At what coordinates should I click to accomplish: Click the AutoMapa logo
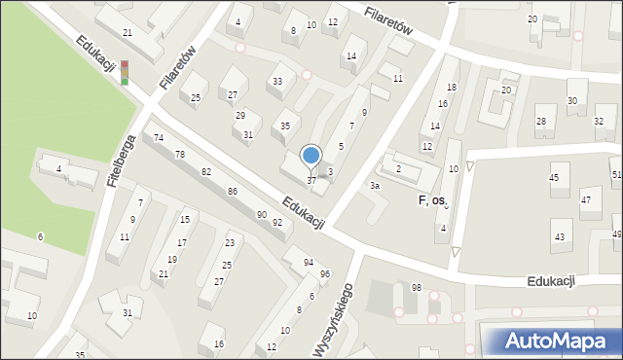point(551,340)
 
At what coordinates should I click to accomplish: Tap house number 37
point(311,181)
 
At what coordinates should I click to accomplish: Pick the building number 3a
point(374,185)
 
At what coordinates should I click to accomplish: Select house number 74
point(159,139)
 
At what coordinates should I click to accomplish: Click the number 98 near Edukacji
point(417,287)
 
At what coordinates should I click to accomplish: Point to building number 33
point(277,81)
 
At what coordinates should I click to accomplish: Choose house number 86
point(233,191)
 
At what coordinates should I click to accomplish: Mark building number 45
point(554,177)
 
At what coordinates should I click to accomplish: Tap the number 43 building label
point(559,236)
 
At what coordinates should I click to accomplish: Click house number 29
point(240,116)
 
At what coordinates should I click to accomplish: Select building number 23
point(230,242)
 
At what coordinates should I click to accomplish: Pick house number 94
point(309,263)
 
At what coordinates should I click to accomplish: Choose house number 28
point(540,121)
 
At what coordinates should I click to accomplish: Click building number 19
point(172,259)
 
